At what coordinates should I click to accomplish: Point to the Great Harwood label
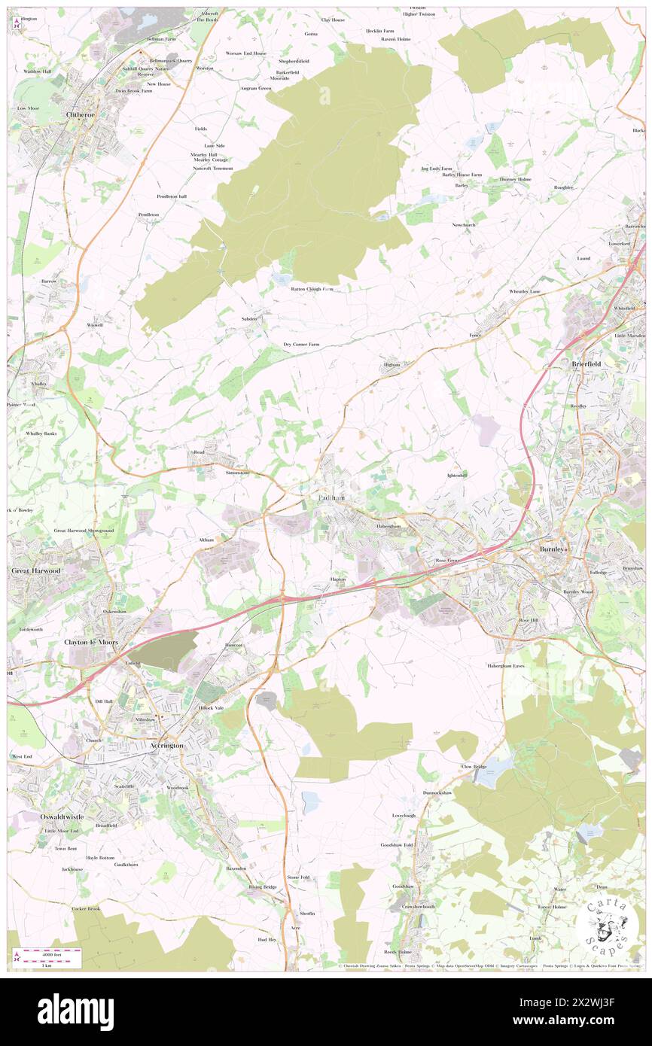click(35, 571)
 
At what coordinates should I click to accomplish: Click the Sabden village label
click(249, 319)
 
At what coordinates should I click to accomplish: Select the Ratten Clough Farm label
click(312, 288)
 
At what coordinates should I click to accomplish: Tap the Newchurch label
click(464, 225)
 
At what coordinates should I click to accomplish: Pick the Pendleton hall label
click(171, 196)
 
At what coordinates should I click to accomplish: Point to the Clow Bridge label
click(474, 767)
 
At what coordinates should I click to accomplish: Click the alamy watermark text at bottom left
click(75, 1011)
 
